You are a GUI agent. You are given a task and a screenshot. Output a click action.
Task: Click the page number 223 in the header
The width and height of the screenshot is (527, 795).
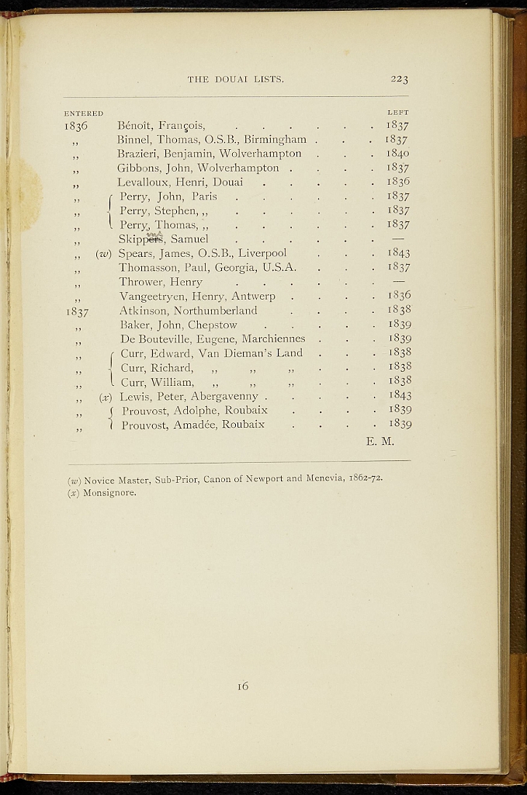399,78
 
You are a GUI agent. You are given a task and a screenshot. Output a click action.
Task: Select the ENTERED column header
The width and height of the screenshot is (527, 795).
84,113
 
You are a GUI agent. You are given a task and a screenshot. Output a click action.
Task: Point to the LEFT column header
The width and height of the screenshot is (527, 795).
397,113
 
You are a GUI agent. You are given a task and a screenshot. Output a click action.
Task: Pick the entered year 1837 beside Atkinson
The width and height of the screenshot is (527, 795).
77,311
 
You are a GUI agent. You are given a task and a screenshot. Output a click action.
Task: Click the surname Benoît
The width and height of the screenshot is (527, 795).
134,125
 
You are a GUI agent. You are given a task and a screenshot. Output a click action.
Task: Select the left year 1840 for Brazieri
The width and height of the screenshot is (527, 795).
397,154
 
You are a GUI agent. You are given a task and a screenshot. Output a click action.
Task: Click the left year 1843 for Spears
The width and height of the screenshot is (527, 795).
398,253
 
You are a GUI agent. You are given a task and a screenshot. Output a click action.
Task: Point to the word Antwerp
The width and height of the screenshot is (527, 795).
253,296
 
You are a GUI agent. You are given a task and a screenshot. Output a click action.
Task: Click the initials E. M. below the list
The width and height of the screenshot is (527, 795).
380,442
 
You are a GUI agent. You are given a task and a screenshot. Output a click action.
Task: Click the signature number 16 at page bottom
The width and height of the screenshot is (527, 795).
243,686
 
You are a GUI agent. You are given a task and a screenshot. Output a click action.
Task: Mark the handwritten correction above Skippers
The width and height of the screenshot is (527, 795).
154,232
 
